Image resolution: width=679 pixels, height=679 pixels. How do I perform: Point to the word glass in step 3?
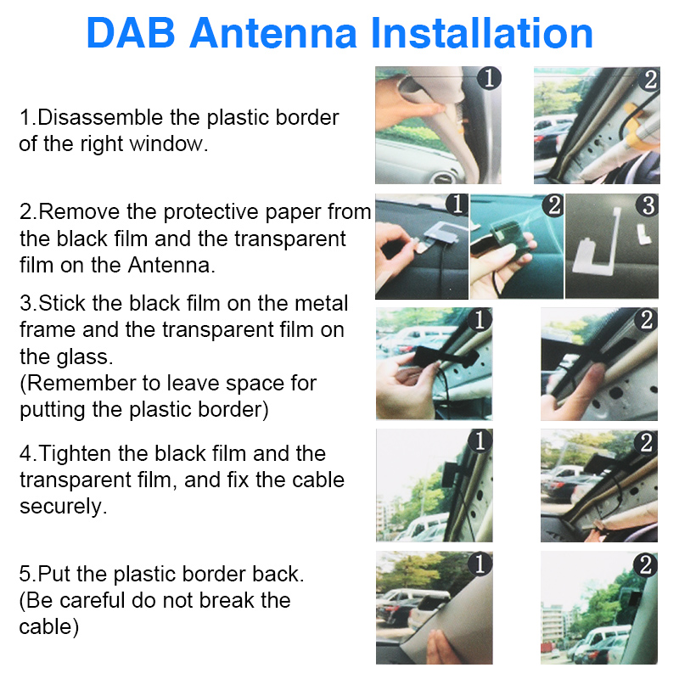click(77, 356)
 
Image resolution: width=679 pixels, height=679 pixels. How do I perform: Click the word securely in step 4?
click(64, 507)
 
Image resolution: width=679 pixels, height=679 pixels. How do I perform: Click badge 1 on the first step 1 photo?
click(490, 79)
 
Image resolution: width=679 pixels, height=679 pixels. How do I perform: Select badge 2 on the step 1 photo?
click(650, 80)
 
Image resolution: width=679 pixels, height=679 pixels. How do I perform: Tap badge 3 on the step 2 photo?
click(648, 205)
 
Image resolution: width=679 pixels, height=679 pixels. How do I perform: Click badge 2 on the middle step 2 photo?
click(553, 205)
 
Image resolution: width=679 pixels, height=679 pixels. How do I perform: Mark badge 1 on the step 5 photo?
click(480, 564)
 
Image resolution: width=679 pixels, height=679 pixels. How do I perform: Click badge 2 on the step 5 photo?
click(646, 564)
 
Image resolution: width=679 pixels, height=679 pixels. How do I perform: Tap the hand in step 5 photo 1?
click(441, 650)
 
